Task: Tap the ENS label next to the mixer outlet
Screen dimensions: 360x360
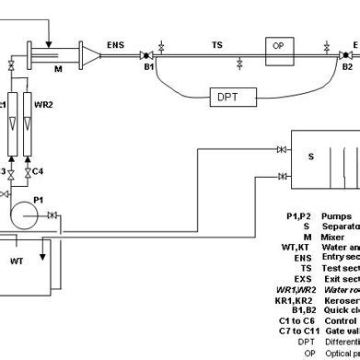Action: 116,43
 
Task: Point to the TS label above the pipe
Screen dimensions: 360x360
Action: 216,43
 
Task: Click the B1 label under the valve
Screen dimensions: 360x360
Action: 146,66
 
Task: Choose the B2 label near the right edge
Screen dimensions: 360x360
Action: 347,66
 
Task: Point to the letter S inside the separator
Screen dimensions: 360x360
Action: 310,157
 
